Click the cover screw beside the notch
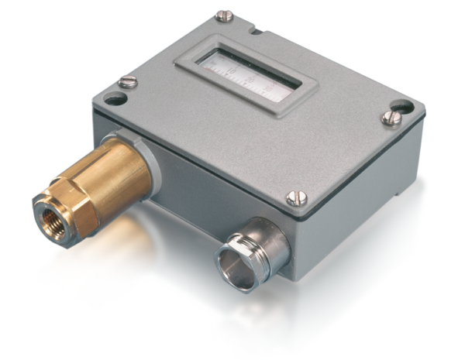224,15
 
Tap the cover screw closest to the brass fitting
128,81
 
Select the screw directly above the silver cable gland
297,197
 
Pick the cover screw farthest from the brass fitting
392,118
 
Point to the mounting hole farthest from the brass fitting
403,105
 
